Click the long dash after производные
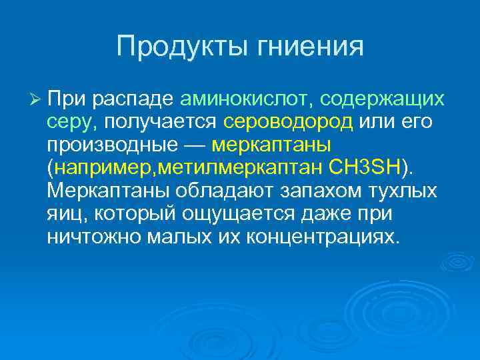[x=186, y=145]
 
